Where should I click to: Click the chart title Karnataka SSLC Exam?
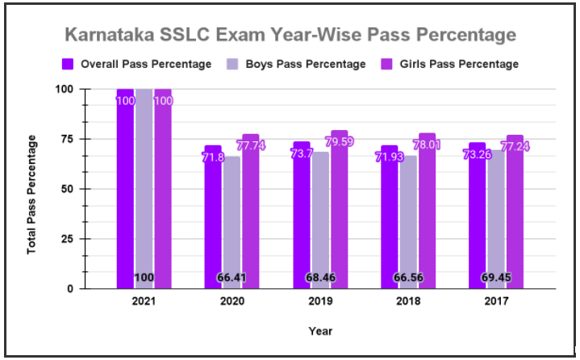pyautogui.click(x=290, y=36)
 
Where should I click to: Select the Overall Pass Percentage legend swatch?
pyautogui.click(x=69, y=64)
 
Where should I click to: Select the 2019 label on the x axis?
pyautogui.click(x=319, y=301)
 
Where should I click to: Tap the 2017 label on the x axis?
pyautogui.click(x=495, y=301)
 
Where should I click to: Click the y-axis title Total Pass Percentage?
pyautogui.click(x=32, y=195)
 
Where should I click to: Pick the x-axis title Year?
pyautogui.click(x=320, y=330)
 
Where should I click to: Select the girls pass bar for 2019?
pyautogui.click(x=339, y=209)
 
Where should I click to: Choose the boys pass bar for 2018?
pyautogui.click(x=407, y=218)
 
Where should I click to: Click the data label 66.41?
pyautogui.click(x=232, y=278)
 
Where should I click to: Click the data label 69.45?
pyautogui.click(x=495, y=278)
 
